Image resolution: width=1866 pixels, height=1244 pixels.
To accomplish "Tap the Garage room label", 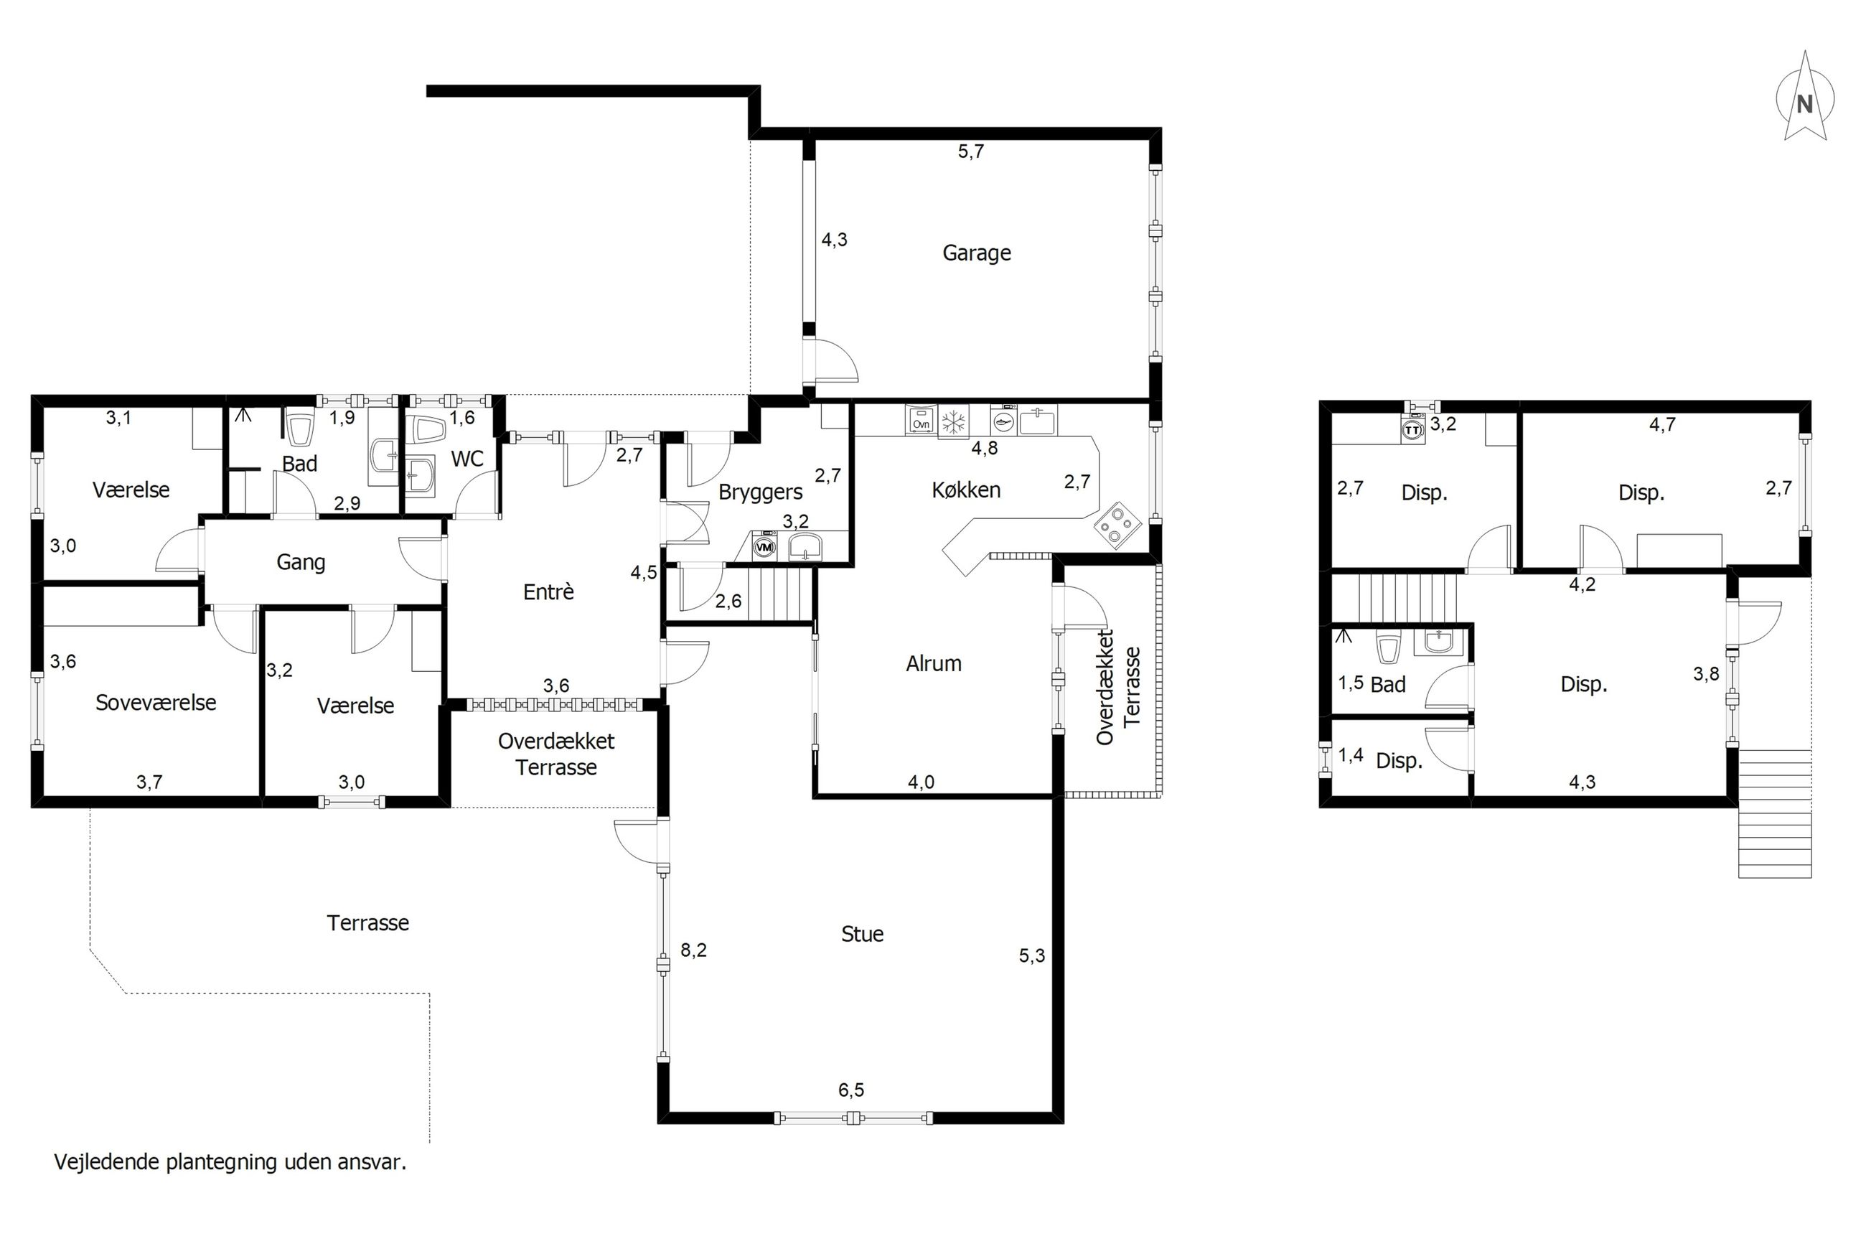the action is (976, 253).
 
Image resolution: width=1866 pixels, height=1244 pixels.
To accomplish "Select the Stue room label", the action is (862, 934).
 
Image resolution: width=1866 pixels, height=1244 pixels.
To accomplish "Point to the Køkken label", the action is (966, 490).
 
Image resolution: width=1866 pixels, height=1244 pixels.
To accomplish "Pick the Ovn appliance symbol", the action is (921, 421).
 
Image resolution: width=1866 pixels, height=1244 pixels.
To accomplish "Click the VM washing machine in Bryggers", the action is (764, 547).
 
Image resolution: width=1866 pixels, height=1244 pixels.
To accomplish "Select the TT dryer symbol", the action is (1412, 429).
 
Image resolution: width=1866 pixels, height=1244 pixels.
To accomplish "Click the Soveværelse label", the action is (156, 702).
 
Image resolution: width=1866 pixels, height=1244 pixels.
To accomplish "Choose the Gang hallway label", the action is (301, 563).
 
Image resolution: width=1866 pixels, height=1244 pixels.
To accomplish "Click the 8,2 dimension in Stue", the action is (693, 950).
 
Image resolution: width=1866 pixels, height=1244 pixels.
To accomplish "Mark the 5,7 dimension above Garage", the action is (970, 151).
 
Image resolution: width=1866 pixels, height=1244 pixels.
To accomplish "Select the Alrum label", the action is (934, 663).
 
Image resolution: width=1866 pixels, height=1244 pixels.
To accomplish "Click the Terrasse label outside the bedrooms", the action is (368, 922).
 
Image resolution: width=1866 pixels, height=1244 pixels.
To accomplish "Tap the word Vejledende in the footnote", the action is (107, 1162).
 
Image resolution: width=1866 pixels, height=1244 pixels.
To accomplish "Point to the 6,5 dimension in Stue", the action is (851, 1090).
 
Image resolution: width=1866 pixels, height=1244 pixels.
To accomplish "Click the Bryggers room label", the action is (761, 492).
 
